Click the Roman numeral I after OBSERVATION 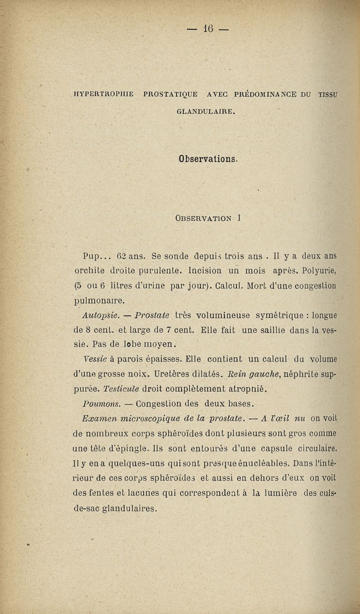click(242, 219)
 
